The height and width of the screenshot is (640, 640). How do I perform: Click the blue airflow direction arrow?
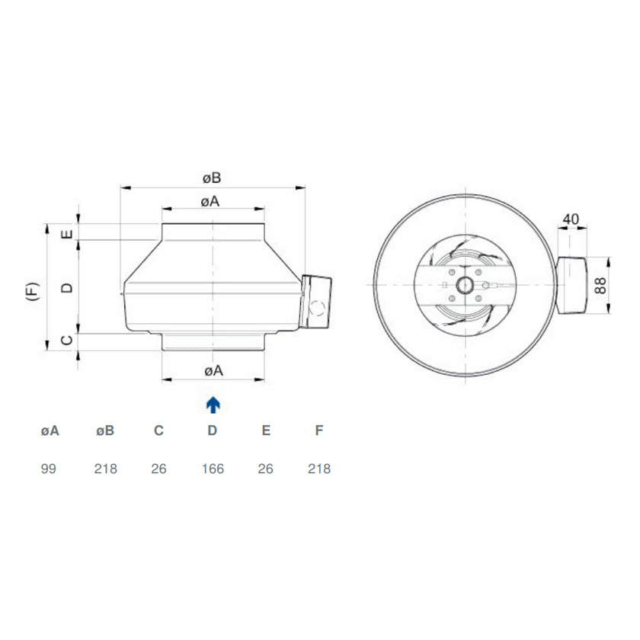[213, 405]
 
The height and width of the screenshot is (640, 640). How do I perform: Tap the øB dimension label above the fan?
[212, 178]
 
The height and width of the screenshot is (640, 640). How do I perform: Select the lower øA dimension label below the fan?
[213, 370]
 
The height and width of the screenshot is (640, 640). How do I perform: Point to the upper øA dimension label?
[210, 201]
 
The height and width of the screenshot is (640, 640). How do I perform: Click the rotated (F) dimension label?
[33, 291]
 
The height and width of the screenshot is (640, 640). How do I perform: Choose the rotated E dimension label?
[67, 235]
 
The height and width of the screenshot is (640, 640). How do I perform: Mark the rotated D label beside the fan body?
[67, 288]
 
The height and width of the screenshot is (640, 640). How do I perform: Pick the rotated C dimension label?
[67, 340]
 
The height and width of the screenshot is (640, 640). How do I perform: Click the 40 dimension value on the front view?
[571, 219]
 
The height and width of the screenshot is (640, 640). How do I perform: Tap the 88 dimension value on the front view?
[600, 285]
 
